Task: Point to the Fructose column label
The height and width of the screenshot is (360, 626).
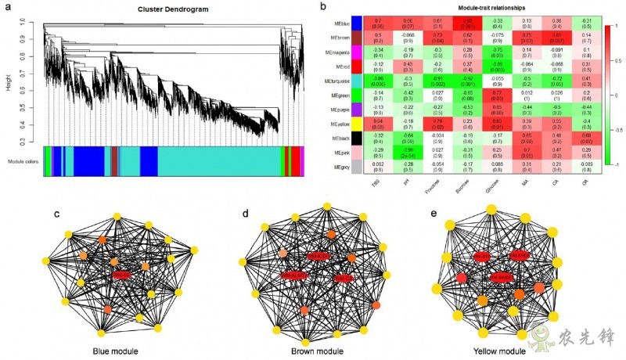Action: [435, 186]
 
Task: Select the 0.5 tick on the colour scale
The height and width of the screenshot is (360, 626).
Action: [618, 59]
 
